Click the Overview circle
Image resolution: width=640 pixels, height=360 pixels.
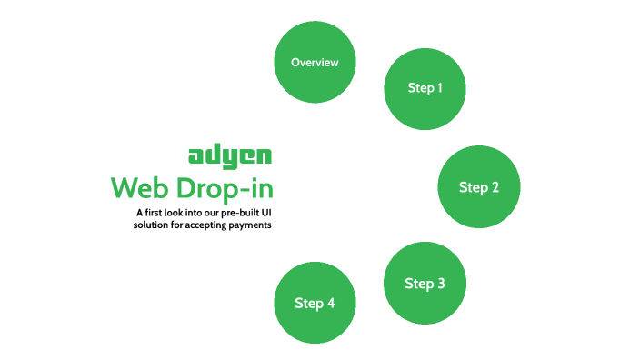tap(315, 63)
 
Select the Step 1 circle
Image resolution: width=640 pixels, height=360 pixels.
tap(425, 88)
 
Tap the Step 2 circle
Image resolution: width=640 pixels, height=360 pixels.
tap(479, 187)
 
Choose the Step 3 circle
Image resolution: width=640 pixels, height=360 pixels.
tap(425, 283)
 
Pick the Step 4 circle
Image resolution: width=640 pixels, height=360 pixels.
tap(315, 303)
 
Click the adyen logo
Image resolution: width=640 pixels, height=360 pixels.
tap(229, 155)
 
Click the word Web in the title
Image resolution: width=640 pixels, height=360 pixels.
tap(137, 189)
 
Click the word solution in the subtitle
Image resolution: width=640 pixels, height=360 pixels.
tap(150, 225)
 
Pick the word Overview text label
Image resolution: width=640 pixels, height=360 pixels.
tap(315, 63)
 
